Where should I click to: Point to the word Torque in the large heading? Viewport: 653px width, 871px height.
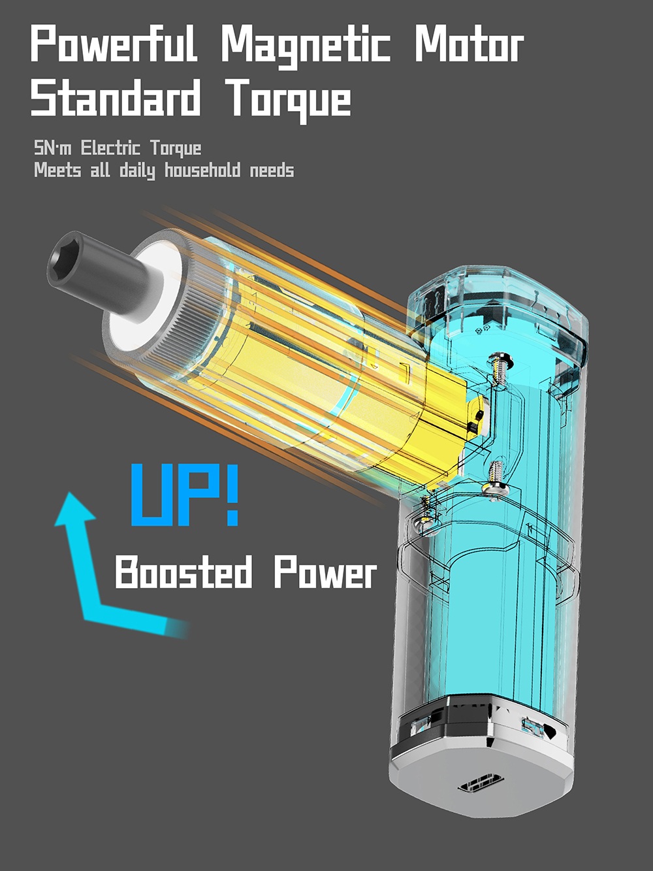[289, 100]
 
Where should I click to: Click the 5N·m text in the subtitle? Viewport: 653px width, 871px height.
[53, 148]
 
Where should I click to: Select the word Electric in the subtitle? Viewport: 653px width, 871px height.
[110, 148]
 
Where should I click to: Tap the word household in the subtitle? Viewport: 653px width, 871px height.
[202, 171]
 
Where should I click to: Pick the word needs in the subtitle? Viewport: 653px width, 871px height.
[272, 171]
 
